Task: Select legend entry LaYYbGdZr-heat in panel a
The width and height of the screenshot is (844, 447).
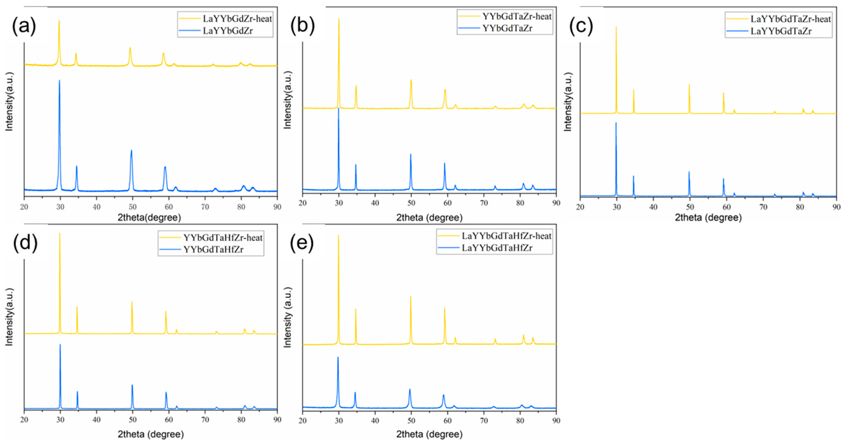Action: coord(237,19)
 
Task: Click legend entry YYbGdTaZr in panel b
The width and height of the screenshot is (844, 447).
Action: coord(507,28)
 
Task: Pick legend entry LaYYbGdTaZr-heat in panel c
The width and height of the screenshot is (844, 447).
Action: coord(791,19)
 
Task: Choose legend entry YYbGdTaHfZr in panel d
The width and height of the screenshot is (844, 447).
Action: coord(213,249)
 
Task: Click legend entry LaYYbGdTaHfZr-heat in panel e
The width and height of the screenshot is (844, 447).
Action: coord(506,236)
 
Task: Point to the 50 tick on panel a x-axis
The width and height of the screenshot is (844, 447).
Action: coord(132,207)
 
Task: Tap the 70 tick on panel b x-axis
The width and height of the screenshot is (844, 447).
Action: coord(484,203)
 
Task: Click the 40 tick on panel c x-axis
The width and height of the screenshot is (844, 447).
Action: coord(653,207)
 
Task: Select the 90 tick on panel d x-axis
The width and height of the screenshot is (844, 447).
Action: coord(277,420)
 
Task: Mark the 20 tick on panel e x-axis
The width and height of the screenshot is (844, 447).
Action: coord(302,421)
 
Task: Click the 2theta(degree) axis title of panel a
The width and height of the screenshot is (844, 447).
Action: coord(149,217)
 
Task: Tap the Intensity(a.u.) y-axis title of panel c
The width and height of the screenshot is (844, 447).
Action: coord(568,102)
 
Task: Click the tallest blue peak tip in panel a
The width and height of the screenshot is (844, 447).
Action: coord(59,81)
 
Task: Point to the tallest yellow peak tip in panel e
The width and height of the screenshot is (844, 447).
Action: coord(338,235)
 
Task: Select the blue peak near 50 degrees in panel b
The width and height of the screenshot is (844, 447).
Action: coord(411,154)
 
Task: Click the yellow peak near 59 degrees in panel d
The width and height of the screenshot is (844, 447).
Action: coord(166,311)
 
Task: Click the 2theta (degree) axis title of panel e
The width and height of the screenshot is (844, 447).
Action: coord(429,434)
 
